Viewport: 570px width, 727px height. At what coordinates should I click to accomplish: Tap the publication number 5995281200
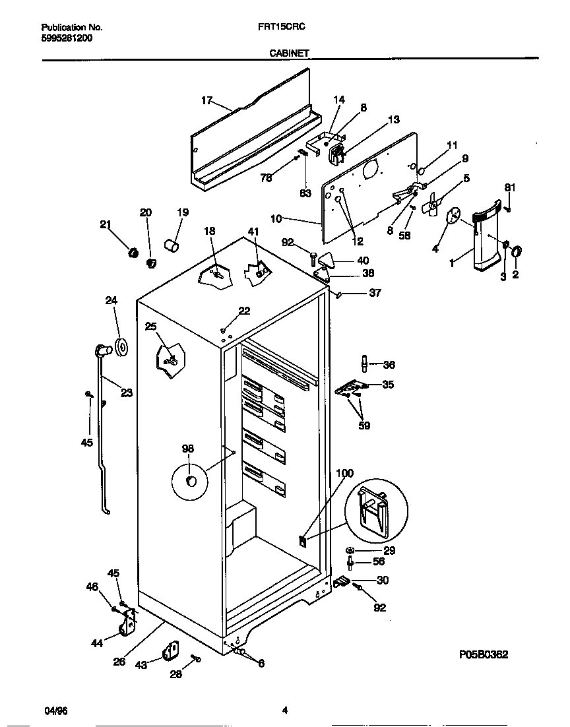click(67, 38)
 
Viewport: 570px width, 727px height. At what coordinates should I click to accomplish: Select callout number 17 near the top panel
click(206, 100)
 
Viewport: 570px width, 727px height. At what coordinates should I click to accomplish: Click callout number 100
click(344, 473)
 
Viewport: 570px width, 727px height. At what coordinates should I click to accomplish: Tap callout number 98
click(188, 449)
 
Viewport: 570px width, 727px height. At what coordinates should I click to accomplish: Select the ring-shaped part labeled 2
click(517, 251)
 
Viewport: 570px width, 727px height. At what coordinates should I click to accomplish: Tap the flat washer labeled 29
click(349, 550)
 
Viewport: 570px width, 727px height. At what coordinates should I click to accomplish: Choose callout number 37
click(375, 293)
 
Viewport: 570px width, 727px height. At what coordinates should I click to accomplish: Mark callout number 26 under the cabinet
click(119, 662)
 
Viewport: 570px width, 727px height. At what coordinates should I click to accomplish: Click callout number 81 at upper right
click(509, 187)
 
